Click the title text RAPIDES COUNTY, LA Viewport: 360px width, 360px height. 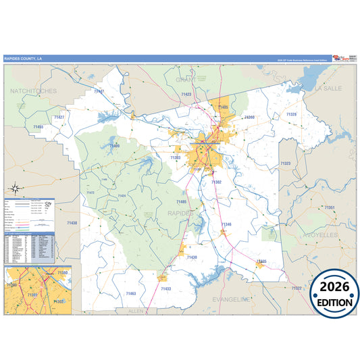tap(24, 58)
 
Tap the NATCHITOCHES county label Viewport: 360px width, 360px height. tap(33, 90)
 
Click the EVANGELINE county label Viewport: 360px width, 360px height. tap(231, 299)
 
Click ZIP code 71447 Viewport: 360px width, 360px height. tap(99, 91)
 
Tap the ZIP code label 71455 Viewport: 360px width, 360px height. tap(38, 126)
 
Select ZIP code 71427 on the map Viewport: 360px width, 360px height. tap(59, 117)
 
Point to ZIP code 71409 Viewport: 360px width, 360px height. tap(115, 145)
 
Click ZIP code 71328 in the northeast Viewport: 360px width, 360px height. tap(291, 115)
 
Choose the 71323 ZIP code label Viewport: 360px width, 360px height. tap(286, 163)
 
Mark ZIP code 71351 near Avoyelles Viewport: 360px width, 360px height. tap(330, 207)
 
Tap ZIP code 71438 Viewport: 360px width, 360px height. tap(72, 223)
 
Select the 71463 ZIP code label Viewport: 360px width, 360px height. tap(131, 294)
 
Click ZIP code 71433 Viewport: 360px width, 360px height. tap(165, 288)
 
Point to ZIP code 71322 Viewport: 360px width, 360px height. tap(296, 288)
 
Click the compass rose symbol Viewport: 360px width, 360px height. tap(15, 189)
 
